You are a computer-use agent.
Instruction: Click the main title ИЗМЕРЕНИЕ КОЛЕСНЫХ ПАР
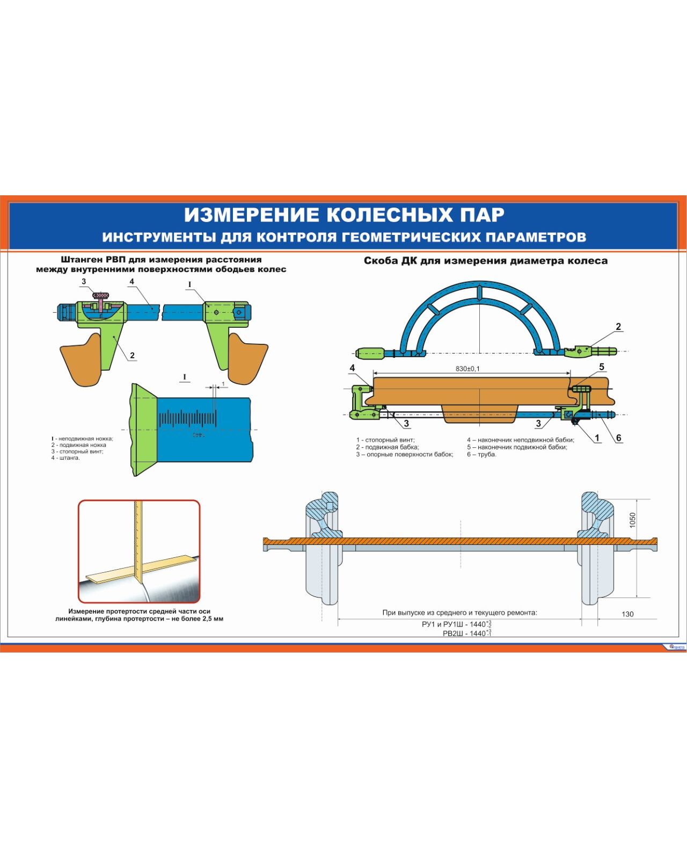click(344, 215)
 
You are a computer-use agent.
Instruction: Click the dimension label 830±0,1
click(461, 368)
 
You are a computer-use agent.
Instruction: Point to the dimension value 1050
click(633, 520)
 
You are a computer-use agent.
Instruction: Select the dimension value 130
click(627, 614)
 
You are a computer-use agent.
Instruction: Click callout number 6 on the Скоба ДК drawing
click(619, 438)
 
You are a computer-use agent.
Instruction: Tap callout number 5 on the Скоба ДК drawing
click(602, 367)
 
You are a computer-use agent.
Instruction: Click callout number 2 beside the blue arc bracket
click(618, 327)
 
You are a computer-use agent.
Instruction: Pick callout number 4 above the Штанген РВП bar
click(131, 282)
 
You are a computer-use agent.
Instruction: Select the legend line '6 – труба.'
click(481, 454)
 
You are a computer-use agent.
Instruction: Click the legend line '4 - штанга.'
click(65, 458)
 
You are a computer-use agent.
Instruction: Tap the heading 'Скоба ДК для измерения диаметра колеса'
click(485, 261)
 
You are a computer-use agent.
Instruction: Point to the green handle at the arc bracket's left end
click(370, 353)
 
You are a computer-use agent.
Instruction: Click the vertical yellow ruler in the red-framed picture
click(139, 542)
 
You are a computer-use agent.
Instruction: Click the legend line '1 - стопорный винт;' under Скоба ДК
click(385, 440)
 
